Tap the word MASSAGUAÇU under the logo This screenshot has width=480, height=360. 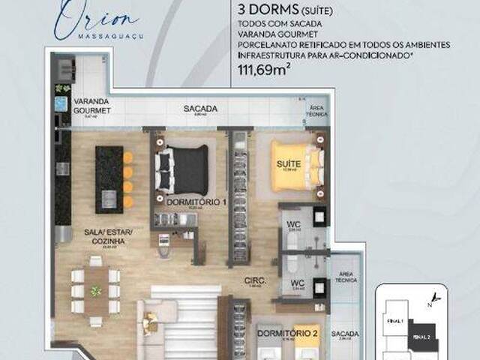99,34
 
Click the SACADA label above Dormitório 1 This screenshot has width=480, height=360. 200,109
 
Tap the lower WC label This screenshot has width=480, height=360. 297,283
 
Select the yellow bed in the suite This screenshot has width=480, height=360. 295,163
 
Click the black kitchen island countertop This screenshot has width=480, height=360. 109,178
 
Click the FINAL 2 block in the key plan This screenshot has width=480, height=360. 421,337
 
